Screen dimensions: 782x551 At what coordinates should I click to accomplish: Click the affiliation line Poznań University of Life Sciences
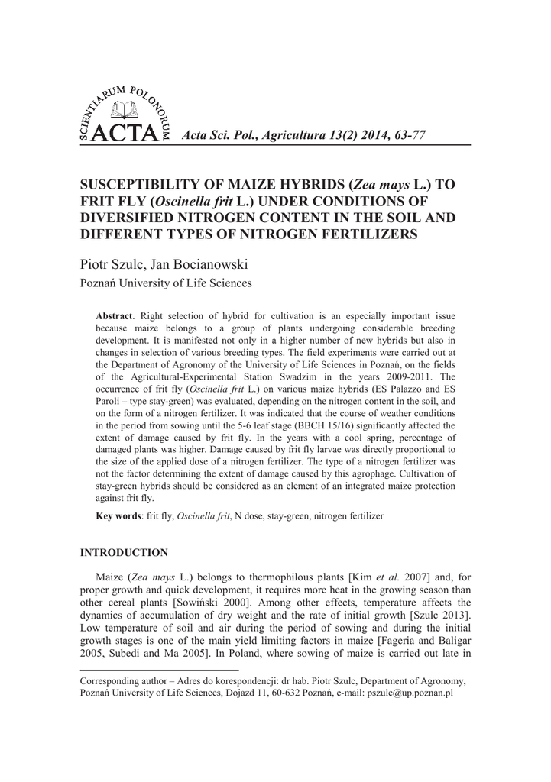click(166, 283)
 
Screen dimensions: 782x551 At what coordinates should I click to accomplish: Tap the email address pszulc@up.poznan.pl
click(411, 693)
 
